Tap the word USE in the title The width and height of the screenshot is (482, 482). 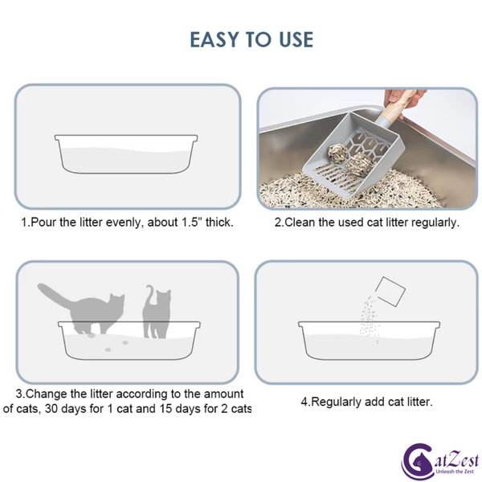tap(296, 39)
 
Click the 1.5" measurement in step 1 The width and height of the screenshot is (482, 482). tap(191, 222)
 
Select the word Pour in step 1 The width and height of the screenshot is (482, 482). tap(43, 222)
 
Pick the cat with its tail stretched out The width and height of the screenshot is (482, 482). tap(81, 308)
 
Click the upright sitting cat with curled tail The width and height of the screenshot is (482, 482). tap(157, 311)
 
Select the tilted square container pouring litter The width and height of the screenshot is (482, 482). tap(390, 292)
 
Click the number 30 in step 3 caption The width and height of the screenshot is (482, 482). tap(51, 409)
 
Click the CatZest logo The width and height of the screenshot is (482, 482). tap(440, 461)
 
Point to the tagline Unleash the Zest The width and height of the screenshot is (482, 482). tap(455, 472)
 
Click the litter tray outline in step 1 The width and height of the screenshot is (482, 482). tap(126, 174)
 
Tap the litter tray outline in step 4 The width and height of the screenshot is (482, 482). tap(369, 359)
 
